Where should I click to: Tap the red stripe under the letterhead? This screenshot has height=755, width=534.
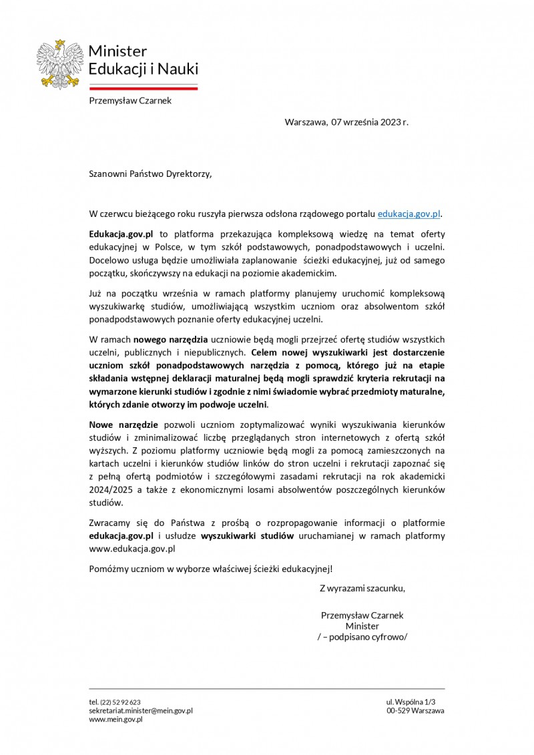144,87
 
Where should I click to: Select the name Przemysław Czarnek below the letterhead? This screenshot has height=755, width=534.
131,101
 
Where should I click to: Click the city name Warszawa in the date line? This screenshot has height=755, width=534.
306,122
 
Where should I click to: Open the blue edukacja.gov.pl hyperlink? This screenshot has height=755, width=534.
409,214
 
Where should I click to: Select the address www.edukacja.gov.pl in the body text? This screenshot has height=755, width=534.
132,548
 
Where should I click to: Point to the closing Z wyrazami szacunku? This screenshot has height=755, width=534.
362,589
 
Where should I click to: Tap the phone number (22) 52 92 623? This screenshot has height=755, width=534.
120,702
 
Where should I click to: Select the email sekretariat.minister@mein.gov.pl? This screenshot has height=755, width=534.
141,711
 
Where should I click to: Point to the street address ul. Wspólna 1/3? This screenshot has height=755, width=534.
415,702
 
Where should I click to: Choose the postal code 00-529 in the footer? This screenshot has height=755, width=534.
398,711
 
